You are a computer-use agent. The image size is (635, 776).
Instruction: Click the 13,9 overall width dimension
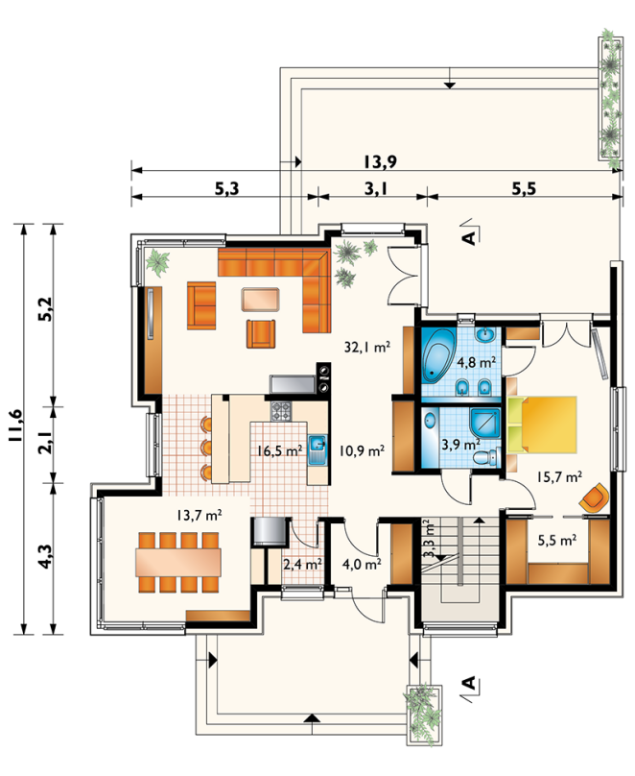[x=381, y=161]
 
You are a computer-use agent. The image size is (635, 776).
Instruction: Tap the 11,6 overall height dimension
[x=14, y=425]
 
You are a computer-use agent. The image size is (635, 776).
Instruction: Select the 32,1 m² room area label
[x=367, y=347]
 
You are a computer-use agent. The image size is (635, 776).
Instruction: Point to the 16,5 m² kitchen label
[x=279, y=450]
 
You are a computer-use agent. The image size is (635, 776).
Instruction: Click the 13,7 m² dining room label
[x=199, y=515]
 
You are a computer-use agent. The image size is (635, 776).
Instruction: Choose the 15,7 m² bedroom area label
[x=559, y=476]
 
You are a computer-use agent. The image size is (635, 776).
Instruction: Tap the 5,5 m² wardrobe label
[x=557, y=540]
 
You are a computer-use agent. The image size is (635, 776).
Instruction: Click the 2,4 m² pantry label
[x=302, y=564]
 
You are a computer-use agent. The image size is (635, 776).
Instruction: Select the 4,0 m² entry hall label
[x=362, y=564]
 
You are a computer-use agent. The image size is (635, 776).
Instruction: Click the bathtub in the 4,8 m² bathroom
[x=438, y=354]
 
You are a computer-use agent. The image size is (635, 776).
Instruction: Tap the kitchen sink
[x=317, y=449]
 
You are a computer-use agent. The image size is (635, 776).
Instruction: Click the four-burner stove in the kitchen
[x=281, y=410]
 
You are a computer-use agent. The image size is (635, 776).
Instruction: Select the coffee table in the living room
[x=261, y=300]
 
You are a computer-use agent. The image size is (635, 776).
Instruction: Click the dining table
[x=178, y=562]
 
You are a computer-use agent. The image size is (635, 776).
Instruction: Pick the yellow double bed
[x=542, y=424]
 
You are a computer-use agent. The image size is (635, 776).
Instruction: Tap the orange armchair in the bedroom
[x=595, y=497]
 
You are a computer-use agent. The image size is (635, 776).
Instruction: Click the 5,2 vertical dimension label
[x=45, y=310]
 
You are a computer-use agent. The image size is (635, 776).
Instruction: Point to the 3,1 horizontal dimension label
[x=376, y=188]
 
